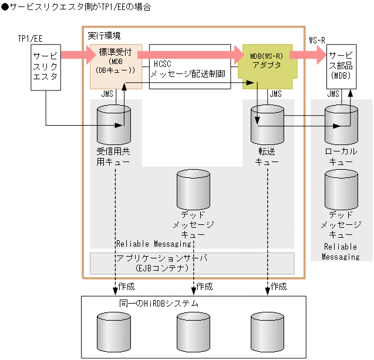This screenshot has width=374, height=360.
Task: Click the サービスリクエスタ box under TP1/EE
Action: [x=45, y=68]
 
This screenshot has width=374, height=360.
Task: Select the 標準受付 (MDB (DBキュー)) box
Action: [x=116, y=66]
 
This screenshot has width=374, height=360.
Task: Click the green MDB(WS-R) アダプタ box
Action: [x=265, y=65]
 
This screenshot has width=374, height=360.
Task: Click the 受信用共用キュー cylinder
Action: [x=114, y=124]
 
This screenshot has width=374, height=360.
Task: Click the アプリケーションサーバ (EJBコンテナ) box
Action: [x=192, y=263]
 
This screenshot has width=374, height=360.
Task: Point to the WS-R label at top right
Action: [x=318, y=39]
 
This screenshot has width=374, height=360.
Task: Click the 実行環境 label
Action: [x=101, y=36]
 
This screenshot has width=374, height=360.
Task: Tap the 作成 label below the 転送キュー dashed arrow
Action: [x=279, y=287]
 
